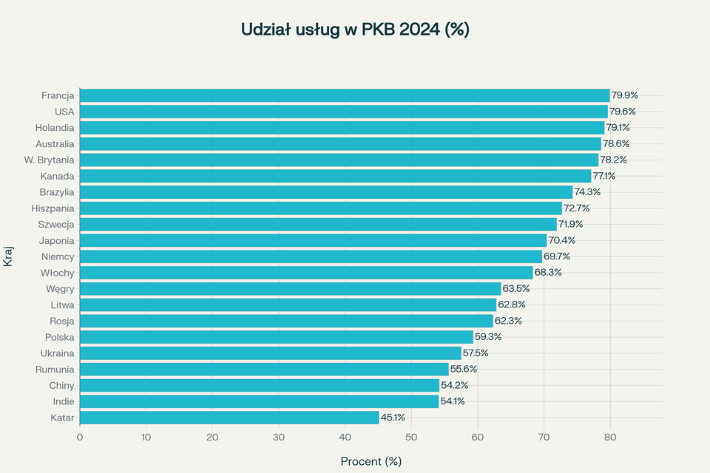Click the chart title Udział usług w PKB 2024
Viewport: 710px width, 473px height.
[x=355, y=30]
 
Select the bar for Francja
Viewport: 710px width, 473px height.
[x=345, y=95]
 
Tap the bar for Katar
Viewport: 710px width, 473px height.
[x=229, y=418]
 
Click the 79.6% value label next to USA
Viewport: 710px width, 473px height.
[x=623, y=112]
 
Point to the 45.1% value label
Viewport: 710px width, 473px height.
[x=393, y=418]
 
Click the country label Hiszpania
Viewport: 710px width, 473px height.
[x=53, y=208]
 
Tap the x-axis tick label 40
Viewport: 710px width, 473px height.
[x=345, y=437]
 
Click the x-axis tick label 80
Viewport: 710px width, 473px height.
[x=609, y=437]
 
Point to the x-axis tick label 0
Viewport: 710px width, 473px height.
[x=80, y=437]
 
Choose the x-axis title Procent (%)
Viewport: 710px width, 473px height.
[x=371, y=461]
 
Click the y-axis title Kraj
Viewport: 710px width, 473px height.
[x=9, y=256]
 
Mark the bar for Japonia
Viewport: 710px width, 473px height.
[x=313, y=240]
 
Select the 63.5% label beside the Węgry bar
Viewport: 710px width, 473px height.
[x=516, y=288]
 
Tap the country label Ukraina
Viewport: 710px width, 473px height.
[x=57, y=353]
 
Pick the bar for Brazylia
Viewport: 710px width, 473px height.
[x=326, y=192]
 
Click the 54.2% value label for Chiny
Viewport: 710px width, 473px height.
[x=454, y=385]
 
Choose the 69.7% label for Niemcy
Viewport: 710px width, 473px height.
[x=557, y=256]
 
